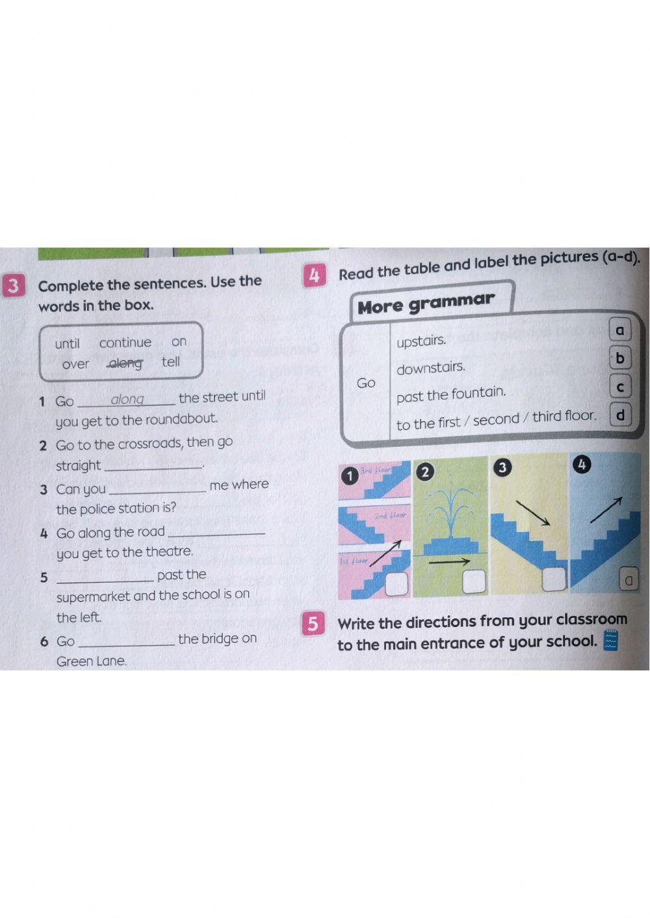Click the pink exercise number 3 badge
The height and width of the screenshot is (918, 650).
[12, 286]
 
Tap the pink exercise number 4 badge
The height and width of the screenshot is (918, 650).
[313, 275]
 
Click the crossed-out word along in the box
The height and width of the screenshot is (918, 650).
[125, 363]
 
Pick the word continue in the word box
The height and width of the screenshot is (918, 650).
[125, 342]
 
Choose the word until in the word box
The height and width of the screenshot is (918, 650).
[67, 344]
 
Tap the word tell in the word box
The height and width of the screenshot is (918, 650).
[171, 362]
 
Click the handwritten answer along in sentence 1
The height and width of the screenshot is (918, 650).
[127, 399]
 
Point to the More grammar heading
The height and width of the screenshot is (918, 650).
[426, 302]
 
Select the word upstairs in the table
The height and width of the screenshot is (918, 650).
[421, 340]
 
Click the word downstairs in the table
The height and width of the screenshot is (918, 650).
[431, 368]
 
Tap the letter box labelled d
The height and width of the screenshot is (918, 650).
[620, 414]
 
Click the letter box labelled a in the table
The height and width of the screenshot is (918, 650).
[619, 330]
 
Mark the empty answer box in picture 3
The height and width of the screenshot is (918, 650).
[554, 579]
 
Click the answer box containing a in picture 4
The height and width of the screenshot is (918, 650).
[628, 580]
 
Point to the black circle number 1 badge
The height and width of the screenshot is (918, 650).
[349, 476]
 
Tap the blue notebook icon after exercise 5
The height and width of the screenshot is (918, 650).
[610, 640]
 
